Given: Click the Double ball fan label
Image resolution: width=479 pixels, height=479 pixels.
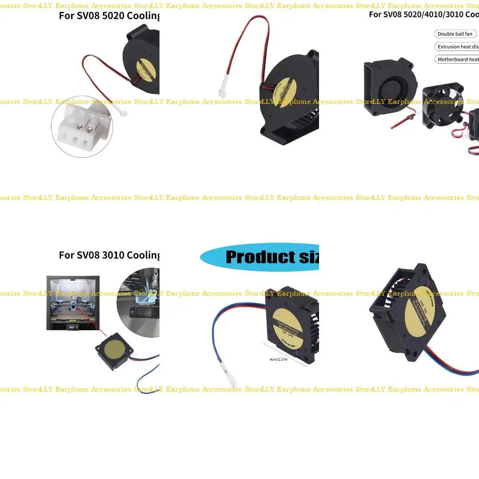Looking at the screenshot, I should (455, 34).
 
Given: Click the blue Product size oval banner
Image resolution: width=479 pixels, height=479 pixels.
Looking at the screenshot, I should (260, 257).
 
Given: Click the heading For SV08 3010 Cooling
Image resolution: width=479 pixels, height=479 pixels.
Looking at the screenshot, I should (109, 255).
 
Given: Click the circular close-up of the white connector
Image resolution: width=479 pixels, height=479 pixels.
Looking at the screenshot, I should (82, 129).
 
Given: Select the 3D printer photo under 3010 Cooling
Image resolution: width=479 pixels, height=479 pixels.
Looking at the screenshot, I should (73, 303).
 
